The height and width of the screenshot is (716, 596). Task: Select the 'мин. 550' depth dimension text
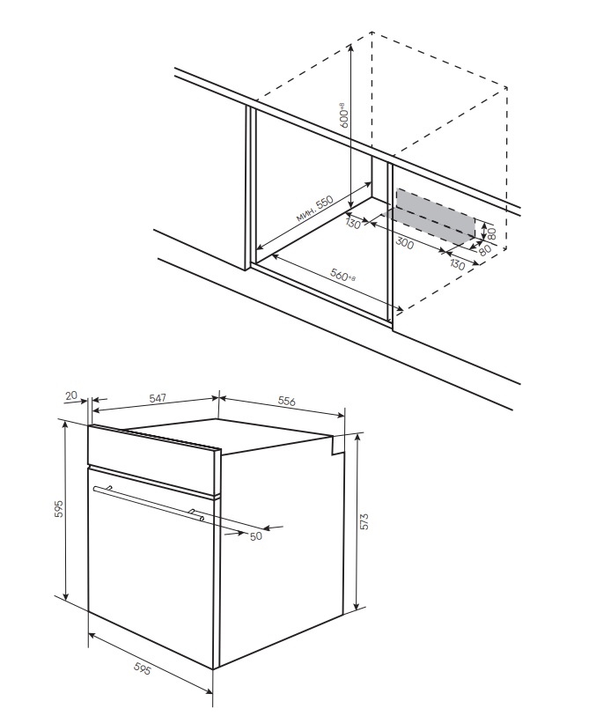click(313, 210)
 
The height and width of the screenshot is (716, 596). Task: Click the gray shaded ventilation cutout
click(435, 216)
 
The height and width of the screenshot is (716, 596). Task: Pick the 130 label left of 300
click(354, 223)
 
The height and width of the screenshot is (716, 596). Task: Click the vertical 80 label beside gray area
click(493, 233)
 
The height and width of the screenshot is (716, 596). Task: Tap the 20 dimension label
click(70, 396)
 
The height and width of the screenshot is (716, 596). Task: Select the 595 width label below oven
click(142, 669)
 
